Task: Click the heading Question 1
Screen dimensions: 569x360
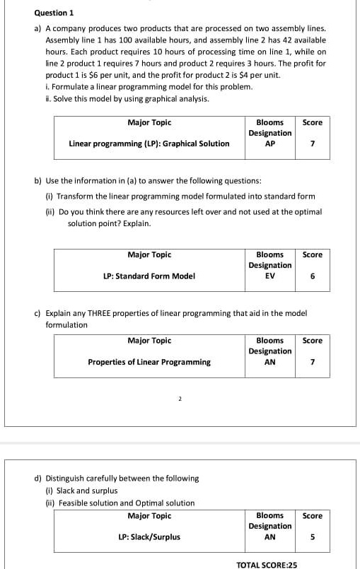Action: click(54, 13)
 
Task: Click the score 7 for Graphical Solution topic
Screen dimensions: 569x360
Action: click(312, 143)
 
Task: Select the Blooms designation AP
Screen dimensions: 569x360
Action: click(269, 143)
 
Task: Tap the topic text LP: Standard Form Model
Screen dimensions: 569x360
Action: click(149, 276)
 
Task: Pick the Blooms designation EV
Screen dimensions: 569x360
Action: click(269, 276)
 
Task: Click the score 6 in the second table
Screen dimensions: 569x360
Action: click(312, 276)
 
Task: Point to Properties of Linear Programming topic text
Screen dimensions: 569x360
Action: click(149, 362)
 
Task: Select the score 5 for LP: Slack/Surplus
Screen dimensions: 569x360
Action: click(312, 537)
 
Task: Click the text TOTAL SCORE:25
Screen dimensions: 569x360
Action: click(267, 565)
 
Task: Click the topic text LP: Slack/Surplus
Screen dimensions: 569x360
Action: click(149, 537)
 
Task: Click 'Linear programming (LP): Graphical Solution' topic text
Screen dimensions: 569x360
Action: click(149, 143)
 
